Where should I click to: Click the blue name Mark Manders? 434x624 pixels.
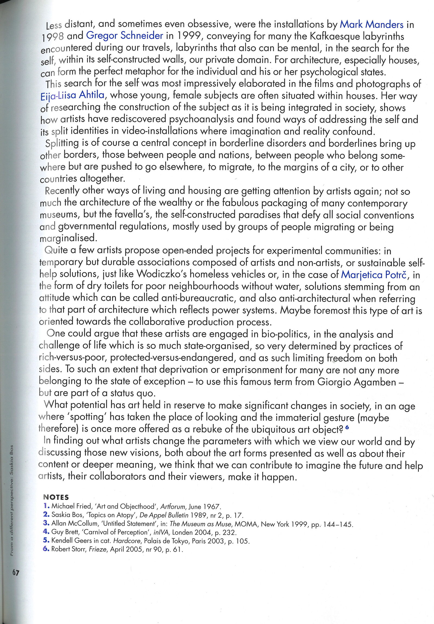371,25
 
